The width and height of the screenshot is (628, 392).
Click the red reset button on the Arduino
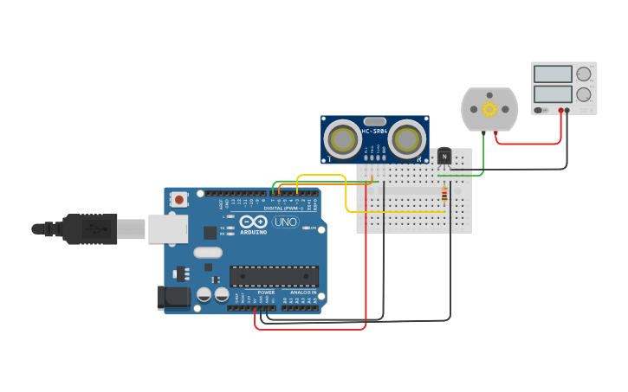click(x=179, y=200)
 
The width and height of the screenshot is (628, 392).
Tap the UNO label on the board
click(x=285, y=222)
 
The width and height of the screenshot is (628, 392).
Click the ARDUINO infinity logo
click(x=254, y=222)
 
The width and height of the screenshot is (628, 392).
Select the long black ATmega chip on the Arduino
click(x=274, y=276)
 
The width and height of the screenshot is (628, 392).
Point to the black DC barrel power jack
click(x=173, y=298)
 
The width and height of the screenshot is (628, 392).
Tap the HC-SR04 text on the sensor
click(x=374, y=131)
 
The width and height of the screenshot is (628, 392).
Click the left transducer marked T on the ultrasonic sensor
click(x=344, y=138)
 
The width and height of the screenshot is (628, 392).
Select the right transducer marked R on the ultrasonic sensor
click(x=405, y=138)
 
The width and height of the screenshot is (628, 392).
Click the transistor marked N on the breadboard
click(x=444, y=156)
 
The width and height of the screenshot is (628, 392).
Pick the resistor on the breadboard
click(x=444, y=195)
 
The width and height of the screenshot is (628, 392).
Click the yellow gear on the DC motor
click(x=489, y=108)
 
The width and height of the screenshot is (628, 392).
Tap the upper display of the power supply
click(x=553, y=74)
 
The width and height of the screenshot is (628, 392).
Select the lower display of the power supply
click(x=553, y=93)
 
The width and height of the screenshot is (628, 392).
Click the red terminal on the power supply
click(x=561, y=111)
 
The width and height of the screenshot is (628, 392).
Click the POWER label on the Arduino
click(x=266, y=292)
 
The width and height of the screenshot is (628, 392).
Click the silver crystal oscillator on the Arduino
click(x=208, y=253)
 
